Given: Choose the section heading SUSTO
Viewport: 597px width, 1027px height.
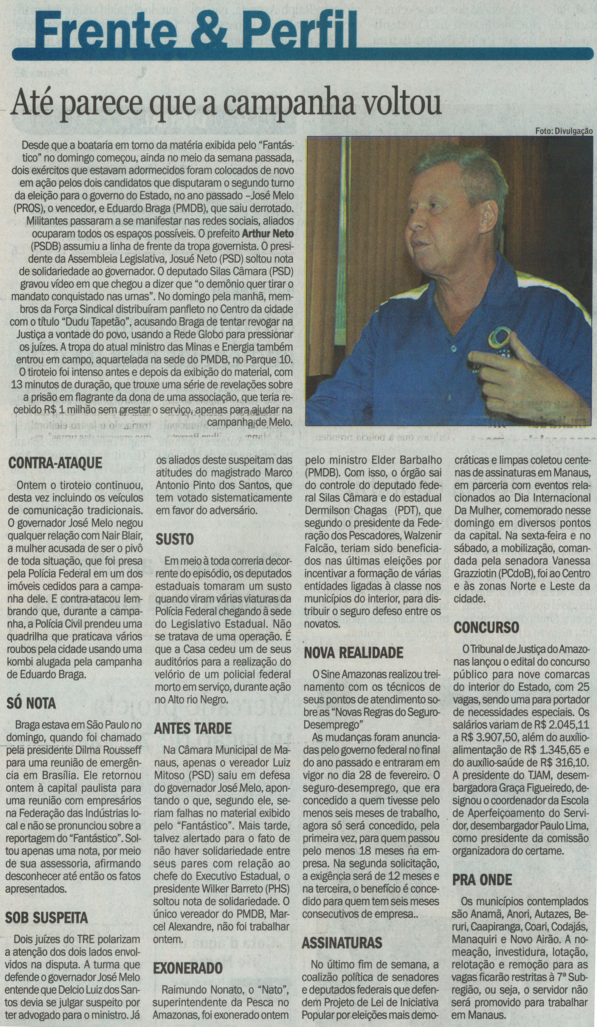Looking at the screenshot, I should point(175,539).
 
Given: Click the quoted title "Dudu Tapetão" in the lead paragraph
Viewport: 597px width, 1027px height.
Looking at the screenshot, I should point(97,322).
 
